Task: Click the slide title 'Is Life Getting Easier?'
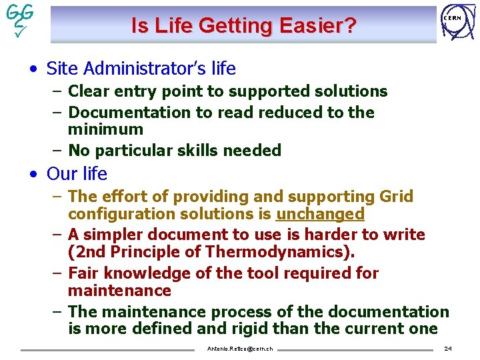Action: [x=243, y=26]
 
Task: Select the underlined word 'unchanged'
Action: [x=320, y=214]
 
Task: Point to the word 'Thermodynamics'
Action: [x=281, y=252]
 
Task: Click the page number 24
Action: [x=448, y=349]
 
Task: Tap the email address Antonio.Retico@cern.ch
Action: [x=239, y=349]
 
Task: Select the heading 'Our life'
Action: [x=77, y=174]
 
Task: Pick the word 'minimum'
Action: [x=105, y=129]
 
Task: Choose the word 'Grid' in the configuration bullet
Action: [x=396, y=197]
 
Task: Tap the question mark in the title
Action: [x=350, y=26]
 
